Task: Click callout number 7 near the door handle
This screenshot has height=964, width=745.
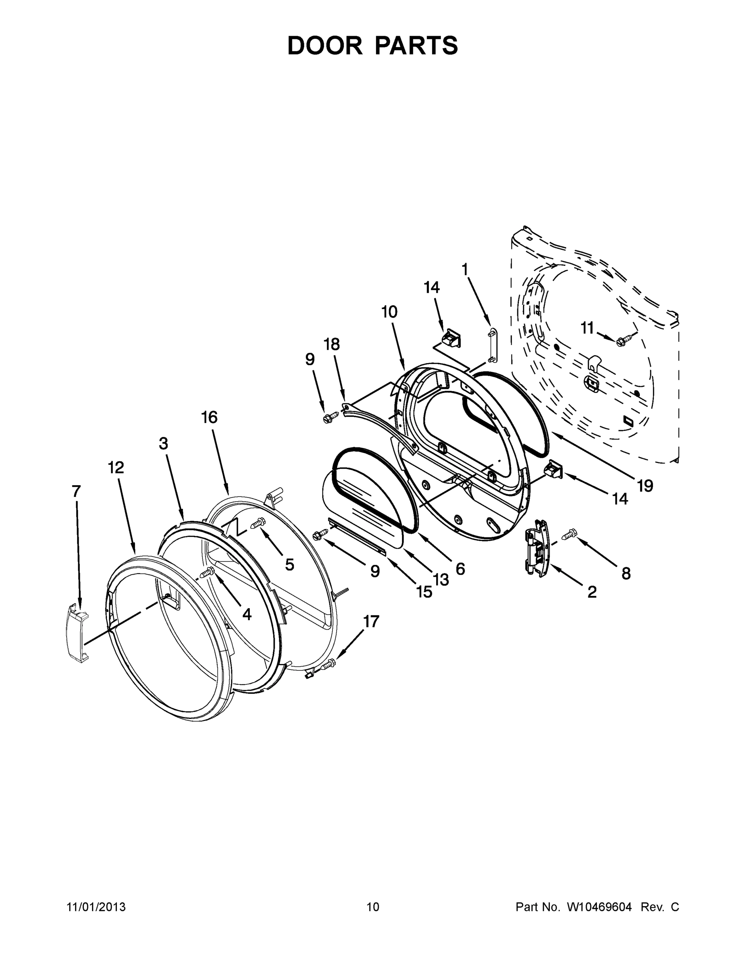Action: coord(76,491)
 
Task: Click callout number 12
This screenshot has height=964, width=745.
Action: coord(116,468)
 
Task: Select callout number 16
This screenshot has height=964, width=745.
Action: coord(209,417)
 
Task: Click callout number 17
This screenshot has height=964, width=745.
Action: coord(371,621)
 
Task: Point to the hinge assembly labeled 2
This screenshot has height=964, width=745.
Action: coord(536,547)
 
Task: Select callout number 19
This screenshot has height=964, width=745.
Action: coord(645,486)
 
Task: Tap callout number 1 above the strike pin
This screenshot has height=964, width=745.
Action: coord(464,269)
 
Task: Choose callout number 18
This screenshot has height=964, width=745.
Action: coord(332,344)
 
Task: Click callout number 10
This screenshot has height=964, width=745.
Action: coord(389,312)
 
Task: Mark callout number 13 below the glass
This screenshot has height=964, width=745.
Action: coord(441,579)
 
